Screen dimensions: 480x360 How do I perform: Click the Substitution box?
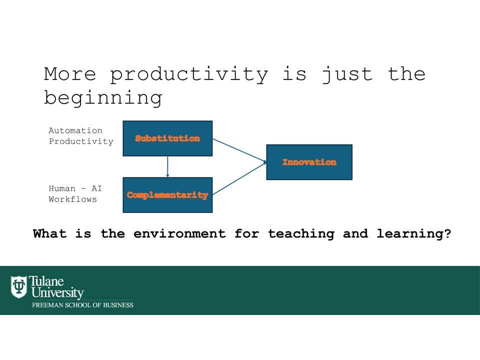tap(167, 138)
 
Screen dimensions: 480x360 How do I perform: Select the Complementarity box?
tap(167, 195)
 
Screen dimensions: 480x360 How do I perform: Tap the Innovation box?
tap(309, 162)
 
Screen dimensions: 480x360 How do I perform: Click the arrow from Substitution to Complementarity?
tap(167, 167)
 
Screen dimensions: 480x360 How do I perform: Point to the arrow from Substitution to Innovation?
tap(239, 150)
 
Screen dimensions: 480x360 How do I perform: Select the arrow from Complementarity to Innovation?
tap(239, 178)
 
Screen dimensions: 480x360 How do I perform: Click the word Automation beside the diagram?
tap(75, 130)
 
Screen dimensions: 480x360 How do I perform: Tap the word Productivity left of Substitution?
tap(81, 141)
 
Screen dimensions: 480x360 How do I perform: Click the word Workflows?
tap(72, 199)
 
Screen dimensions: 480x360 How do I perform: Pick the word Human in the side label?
tap(62, 188)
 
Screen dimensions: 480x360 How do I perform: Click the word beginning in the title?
tap(103, 98)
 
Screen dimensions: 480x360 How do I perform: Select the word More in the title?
tap(70, 74)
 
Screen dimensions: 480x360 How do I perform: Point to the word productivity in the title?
tap(189, 74)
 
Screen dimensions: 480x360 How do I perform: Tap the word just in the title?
tap(347, 74)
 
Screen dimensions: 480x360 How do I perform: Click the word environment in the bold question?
tap(179, 233)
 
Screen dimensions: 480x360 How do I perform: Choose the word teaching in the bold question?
tap(301, 234)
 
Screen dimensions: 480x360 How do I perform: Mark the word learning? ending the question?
tap(414, 234)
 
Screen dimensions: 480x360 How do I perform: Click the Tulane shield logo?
tap(18, 286)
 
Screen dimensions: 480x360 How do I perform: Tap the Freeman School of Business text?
tap(82, 305)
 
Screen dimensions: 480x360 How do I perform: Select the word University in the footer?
tap(57, 292)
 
